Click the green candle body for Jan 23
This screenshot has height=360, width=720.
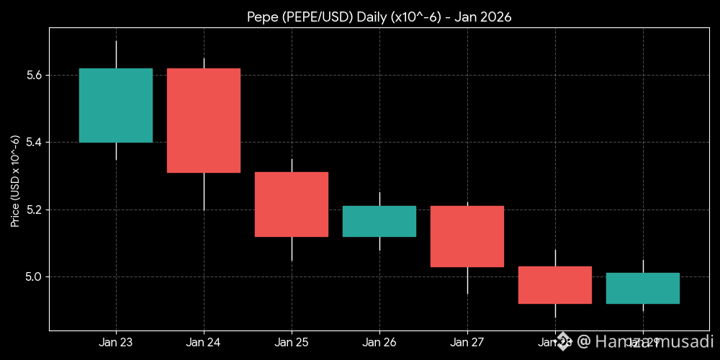(115, 105)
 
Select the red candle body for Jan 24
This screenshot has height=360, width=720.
(203, 120)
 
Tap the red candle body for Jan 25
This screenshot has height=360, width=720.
(291, 204)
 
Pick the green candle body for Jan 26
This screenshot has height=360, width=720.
(379, 221)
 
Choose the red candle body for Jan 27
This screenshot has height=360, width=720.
(467, 236)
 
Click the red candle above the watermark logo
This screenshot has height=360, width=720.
(554, 285)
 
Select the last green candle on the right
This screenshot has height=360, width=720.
(642, 288)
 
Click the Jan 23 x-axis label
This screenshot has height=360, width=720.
(115, 342)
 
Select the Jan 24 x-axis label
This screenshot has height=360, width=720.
(203, 342)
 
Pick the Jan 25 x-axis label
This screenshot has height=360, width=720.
(291, 342)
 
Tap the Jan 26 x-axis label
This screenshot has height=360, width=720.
(379, 342)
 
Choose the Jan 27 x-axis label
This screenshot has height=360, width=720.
(467, 342)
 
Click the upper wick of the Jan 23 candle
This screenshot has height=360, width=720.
(116, 55)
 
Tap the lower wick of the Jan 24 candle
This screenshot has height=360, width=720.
(204, 192)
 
